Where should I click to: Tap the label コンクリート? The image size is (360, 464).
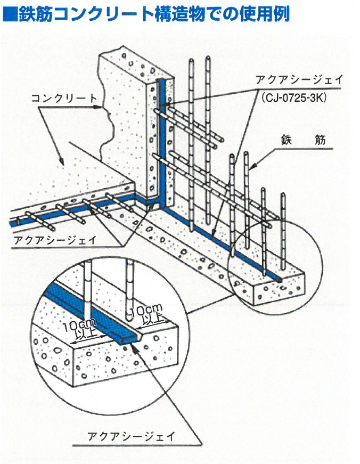[63, 98]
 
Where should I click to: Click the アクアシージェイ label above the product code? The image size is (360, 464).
[299, 81]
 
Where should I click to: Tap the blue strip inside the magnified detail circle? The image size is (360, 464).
[85, 307]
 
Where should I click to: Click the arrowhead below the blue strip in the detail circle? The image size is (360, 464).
[133, 346]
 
